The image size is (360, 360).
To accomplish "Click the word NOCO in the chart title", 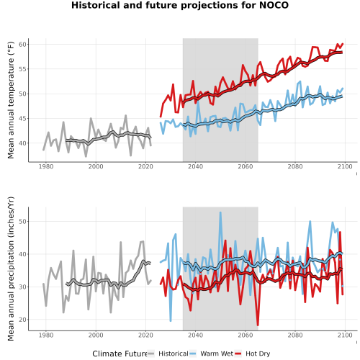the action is pos(274,5).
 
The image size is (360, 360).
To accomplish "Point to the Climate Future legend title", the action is pos(120,354).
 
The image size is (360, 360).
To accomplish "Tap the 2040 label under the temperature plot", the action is pos(195,166).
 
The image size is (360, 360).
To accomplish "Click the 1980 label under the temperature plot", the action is pos(46,166).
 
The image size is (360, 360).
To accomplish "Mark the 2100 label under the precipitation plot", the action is pos(345,335).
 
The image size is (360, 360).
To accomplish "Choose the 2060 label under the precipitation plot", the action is pos(245,335).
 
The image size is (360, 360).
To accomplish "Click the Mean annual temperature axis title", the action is pos(11,100).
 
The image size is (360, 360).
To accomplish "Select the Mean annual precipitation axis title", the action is pos(11,269).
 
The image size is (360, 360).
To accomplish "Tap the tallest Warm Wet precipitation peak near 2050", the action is pos(220,212).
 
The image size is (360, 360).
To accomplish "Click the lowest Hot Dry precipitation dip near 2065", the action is pos(258,325).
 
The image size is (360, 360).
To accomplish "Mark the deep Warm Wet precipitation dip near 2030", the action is pos(171,321).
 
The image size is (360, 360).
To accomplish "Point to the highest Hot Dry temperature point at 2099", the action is pos(343,44).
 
